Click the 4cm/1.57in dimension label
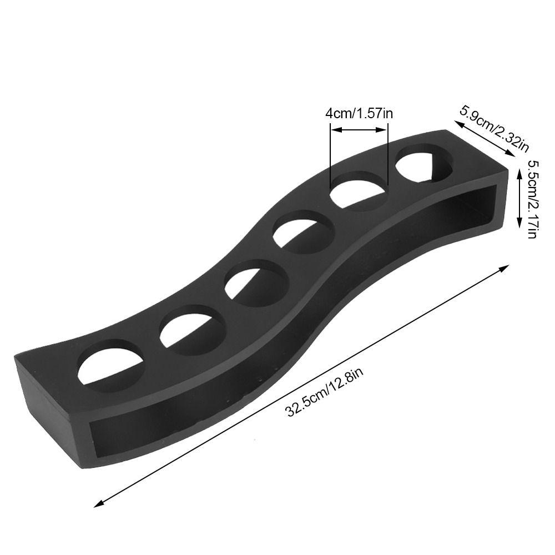tap(359, 114)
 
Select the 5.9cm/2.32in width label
tap(494, 128)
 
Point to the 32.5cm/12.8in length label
tap(325, 392)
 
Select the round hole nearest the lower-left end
tap(111, 366)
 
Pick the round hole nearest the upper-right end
tap(424, 164)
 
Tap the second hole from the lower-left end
tap(193, 330)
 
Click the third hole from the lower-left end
tap(257, 283)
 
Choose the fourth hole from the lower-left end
tap(304, 232)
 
